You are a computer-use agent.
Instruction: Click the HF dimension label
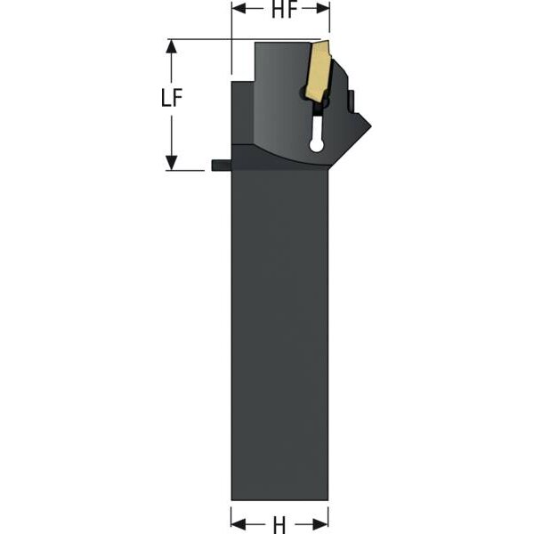tap(284, 10)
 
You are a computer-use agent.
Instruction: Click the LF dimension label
tap(172, 98)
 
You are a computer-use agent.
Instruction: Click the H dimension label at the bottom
tap(279, 525)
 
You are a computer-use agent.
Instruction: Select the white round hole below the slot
tap(316, 145)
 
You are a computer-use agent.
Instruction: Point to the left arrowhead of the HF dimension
tap(239, 9)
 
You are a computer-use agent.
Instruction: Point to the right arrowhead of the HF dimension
tap(323, 9)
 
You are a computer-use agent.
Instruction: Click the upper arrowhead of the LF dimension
tap(171, 46)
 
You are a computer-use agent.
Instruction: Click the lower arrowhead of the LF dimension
tap(171, 163)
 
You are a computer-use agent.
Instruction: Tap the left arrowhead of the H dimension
tap(238, 524)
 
